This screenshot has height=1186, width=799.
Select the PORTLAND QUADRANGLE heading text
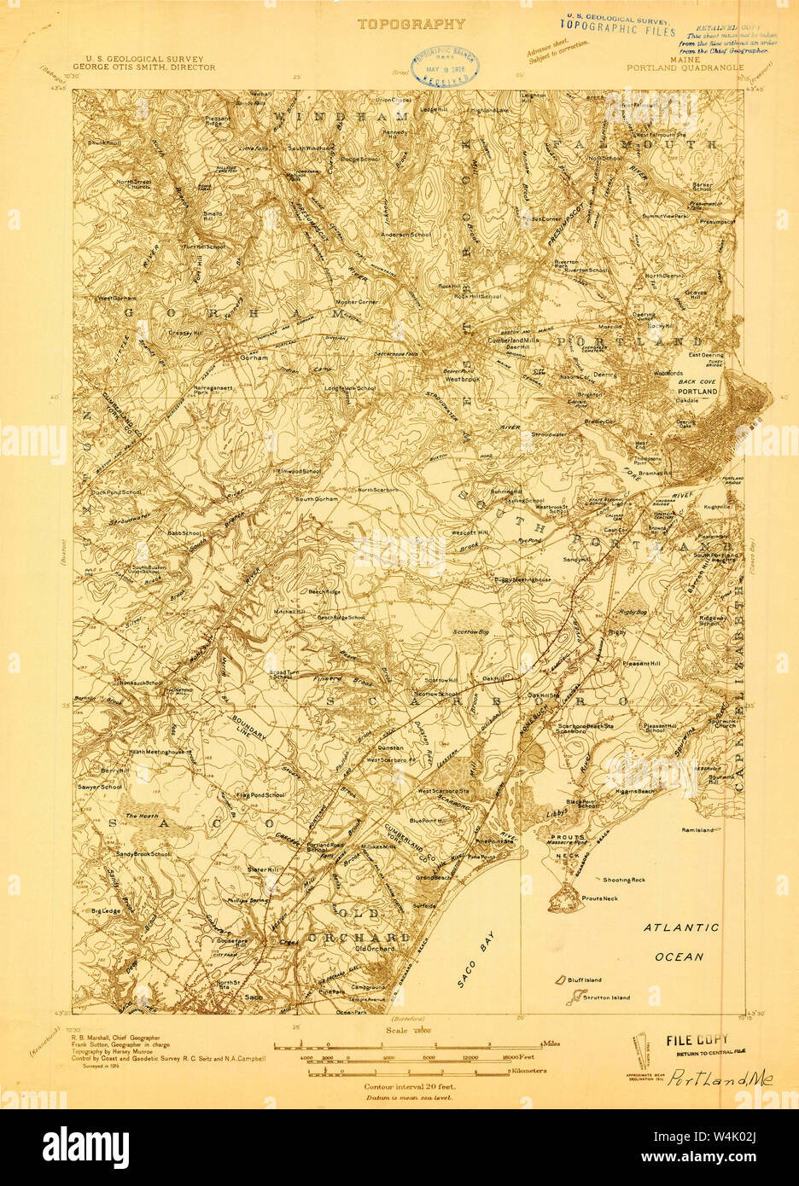[685, 67]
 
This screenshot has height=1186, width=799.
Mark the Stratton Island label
[607, 997]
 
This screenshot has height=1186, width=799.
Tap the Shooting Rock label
[624, 879]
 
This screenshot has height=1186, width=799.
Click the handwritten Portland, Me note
[720, 1078]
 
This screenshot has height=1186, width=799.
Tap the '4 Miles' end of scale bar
[548, 1044]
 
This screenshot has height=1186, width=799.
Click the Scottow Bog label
[470, 631]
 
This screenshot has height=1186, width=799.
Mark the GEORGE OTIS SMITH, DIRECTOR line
[144, 67]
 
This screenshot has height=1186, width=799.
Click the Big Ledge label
[107, 911]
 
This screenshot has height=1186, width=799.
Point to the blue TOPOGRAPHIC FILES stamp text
[622, 31]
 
